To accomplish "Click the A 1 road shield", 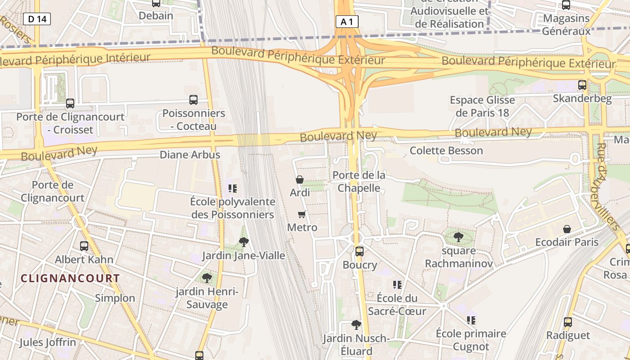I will pos(347,21).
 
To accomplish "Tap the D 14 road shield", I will pos(37,19).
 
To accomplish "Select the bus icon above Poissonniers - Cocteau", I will pos(193,100).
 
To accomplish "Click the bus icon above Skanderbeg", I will pos(582,85).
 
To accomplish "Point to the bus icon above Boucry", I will pos(359,251).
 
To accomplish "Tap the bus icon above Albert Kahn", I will pos(84,246).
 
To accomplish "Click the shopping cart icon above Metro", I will pos(302,214).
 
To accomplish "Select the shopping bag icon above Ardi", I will pos(300,180).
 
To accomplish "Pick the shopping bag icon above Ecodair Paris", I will pos(567,229).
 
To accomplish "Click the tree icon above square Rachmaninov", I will pos(458,237).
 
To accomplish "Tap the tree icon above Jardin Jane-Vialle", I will pos(243,242).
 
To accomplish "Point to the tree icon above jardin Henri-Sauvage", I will pos(207,278).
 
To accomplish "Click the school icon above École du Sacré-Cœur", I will pos(397,284).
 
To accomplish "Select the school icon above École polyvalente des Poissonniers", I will pos(232,188).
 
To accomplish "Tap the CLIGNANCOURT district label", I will pos(70,278).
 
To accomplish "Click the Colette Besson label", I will pos(446,150).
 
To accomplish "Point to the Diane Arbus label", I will pos(190,155).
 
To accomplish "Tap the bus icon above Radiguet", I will pos(568,322).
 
